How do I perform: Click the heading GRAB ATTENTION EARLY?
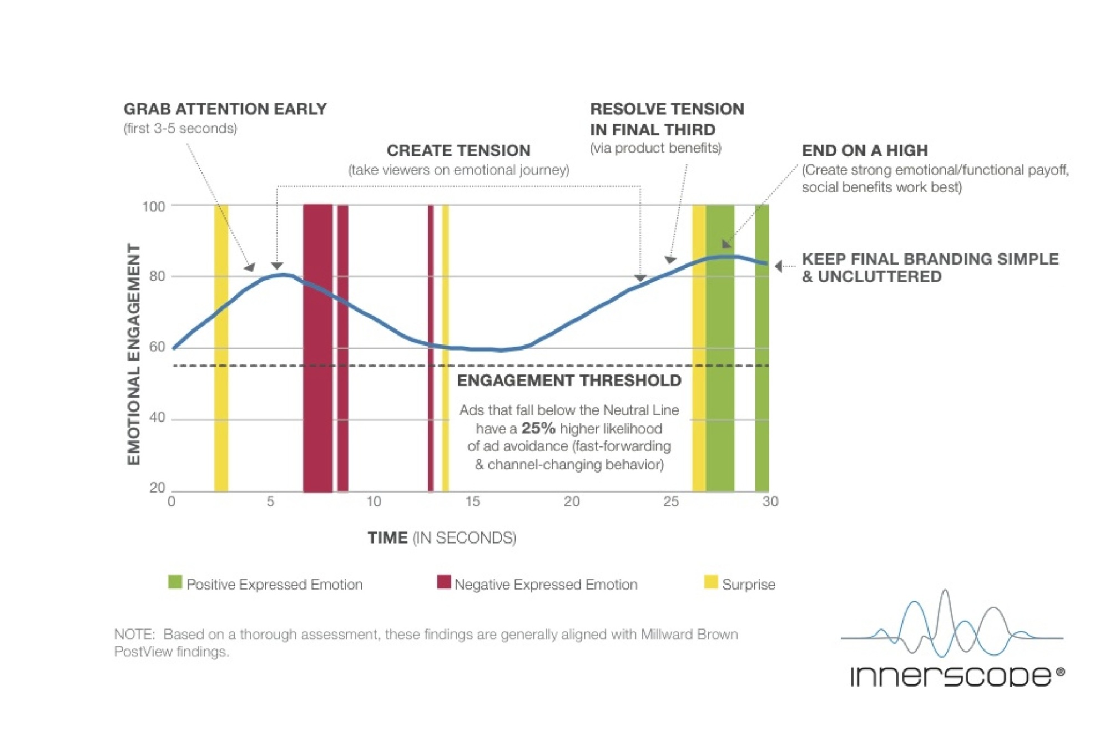point(225,109)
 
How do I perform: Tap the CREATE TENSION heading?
point(458,150)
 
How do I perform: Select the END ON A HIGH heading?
point(864,150)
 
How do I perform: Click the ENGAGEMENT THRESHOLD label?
point(569,380)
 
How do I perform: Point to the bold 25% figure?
point(538,428)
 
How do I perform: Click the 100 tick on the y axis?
point(154,207)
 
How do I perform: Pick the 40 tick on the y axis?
point(157,417)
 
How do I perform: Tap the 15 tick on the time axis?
point(472,501)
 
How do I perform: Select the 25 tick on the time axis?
point(670,501)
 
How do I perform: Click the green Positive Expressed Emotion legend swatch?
point(175,582)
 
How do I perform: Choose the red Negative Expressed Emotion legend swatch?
point(443,582)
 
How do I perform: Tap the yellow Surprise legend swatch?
point(710,582)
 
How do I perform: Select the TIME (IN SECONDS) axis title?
point(442,537)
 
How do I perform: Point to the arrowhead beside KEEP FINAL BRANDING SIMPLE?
point(779,266)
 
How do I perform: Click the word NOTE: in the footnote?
point(134,634)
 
